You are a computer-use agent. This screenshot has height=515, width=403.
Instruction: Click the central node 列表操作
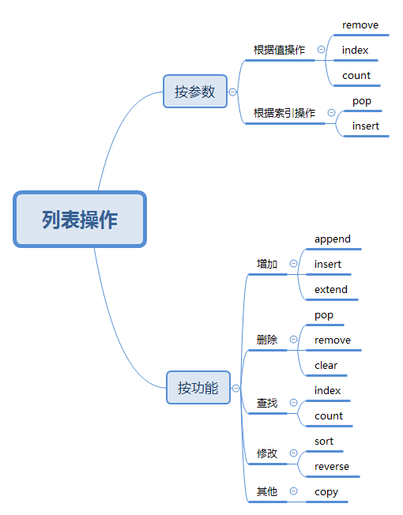pos(80,219)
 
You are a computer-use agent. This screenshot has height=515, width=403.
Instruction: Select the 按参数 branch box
pos(194,92)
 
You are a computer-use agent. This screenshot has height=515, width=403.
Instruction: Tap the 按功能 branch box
pos(198,388)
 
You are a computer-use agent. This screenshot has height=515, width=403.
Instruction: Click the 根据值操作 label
pos(279,50)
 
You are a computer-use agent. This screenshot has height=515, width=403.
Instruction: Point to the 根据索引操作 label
pos(284,113)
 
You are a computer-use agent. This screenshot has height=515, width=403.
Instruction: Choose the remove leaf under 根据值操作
pos(360,25)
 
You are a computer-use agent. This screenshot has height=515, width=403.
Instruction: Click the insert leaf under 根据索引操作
pos(365,126)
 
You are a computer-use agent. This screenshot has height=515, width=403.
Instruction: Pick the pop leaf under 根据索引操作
pos(361,101)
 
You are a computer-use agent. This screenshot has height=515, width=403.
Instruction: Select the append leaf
pos(332,239)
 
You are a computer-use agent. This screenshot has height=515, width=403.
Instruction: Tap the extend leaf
pos(330,290)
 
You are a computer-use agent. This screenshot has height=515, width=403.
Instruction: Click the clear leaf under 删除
pos(326,366)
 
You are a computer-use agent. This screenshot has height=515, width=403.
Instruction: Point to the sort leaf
pos(324,442)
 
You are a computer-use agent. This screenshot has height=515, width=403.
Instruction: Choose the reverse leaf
pos(331,467)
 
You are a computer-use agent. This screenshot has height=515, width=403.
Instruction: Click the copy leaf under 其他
pos(326,492)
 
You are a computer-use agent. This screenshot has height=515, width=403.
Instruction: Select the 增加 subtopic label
pos(267,264)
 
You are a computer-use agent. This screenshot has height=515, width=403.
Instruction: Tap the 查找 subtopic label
pos(267,403)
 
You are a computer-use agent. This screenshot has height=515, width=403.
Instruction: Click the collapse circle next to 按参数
pos(232,92)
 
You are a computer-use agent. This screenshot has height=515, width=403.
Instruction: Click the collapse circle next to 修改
pos(293,453)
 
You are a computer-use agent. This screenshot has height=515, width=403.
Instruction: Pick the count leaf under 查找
pos(328,416)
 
